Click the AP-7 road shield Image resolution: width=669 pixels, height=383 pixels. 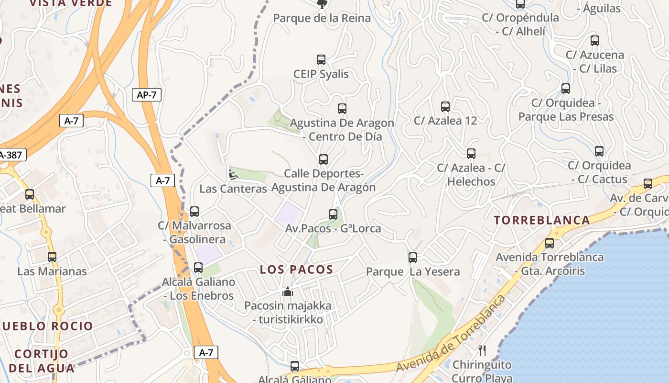coord(147,95)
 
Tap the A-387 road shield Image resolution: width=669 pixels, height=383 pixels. coord(11,155)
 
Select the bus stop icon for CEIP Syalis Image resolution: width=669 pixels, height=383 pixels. coord(321,60)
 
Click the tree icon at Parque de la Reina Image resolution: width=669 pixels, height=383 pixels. coord(322,4)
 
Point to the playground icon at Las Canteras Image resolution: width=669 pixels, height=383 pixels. coord(233,174)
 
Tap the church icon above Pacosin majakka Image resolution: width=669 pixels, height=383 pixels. coord(288,291)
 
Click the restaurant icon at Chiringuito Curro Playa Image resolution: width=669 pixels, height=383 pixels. coord(482,350)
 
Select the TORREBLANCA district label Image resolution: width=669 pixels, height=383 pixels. coord(542,220)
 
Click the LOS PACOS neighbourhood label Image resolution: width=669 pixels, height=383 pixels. coord(296,270)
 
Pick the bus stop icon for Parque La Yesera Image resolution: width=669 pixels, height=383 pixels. coord(413,258)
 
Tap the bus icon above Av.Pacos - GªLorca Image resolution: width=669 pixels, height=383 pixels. coord(333,214)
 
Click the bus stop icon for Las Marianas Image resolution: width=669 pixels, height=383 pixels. coord(52,257)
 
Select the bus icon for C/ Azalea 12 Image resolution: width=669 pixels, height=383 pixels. coord(445,107)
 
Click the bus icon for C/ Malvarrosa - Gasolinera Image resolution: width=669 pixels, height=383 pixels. coord(194,212)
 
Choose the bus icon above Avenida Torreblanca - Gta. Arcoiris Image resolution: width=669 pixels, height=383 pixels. coord(550,243)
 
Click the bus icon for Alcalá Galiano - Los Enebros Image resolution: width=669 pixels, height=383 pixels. coord(198,268)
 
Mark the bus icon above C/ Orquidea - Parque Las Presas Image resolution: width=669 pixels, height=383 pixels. coord(566,89)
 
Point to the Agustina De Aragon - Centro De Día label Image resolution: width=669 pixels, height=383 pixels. coord(342,130)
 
